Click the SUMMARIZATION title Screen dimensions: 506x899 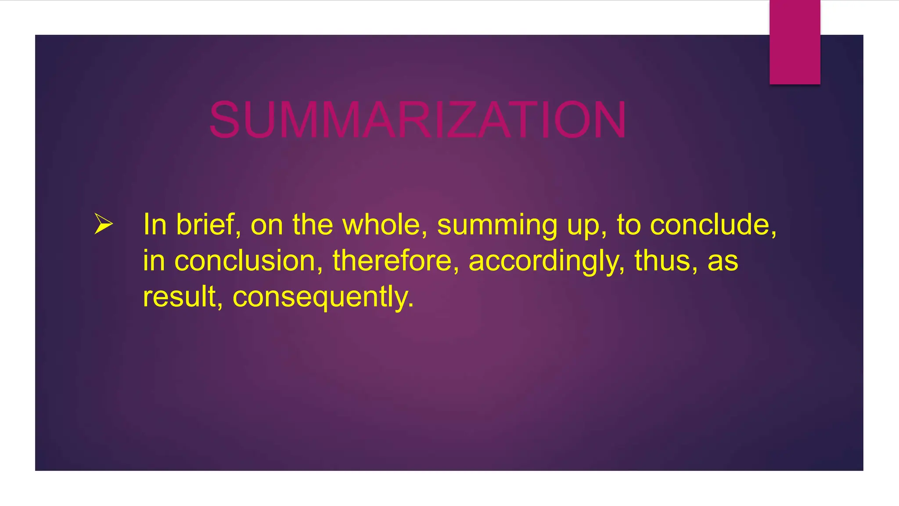click(417, 119)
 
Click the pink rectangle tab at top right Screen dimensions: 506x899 click(795, 42)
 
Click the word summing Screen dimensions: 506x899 click(496, 225)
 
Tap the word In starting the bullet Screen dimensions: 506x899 click(155, 224)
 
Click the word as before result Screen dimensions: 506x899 click(723, 261)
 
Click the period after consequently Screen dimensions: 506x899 click(410, 305)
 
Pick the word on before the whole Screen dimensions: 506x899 click(266, 225)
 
